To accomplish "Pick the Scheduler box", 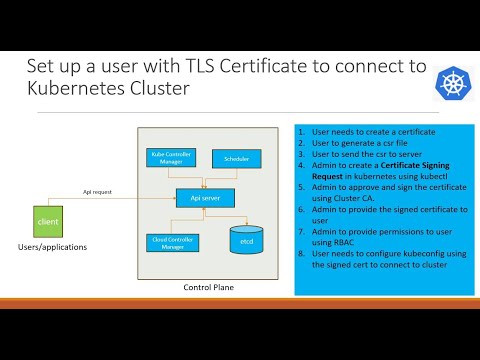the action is [x=236, y=158].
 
